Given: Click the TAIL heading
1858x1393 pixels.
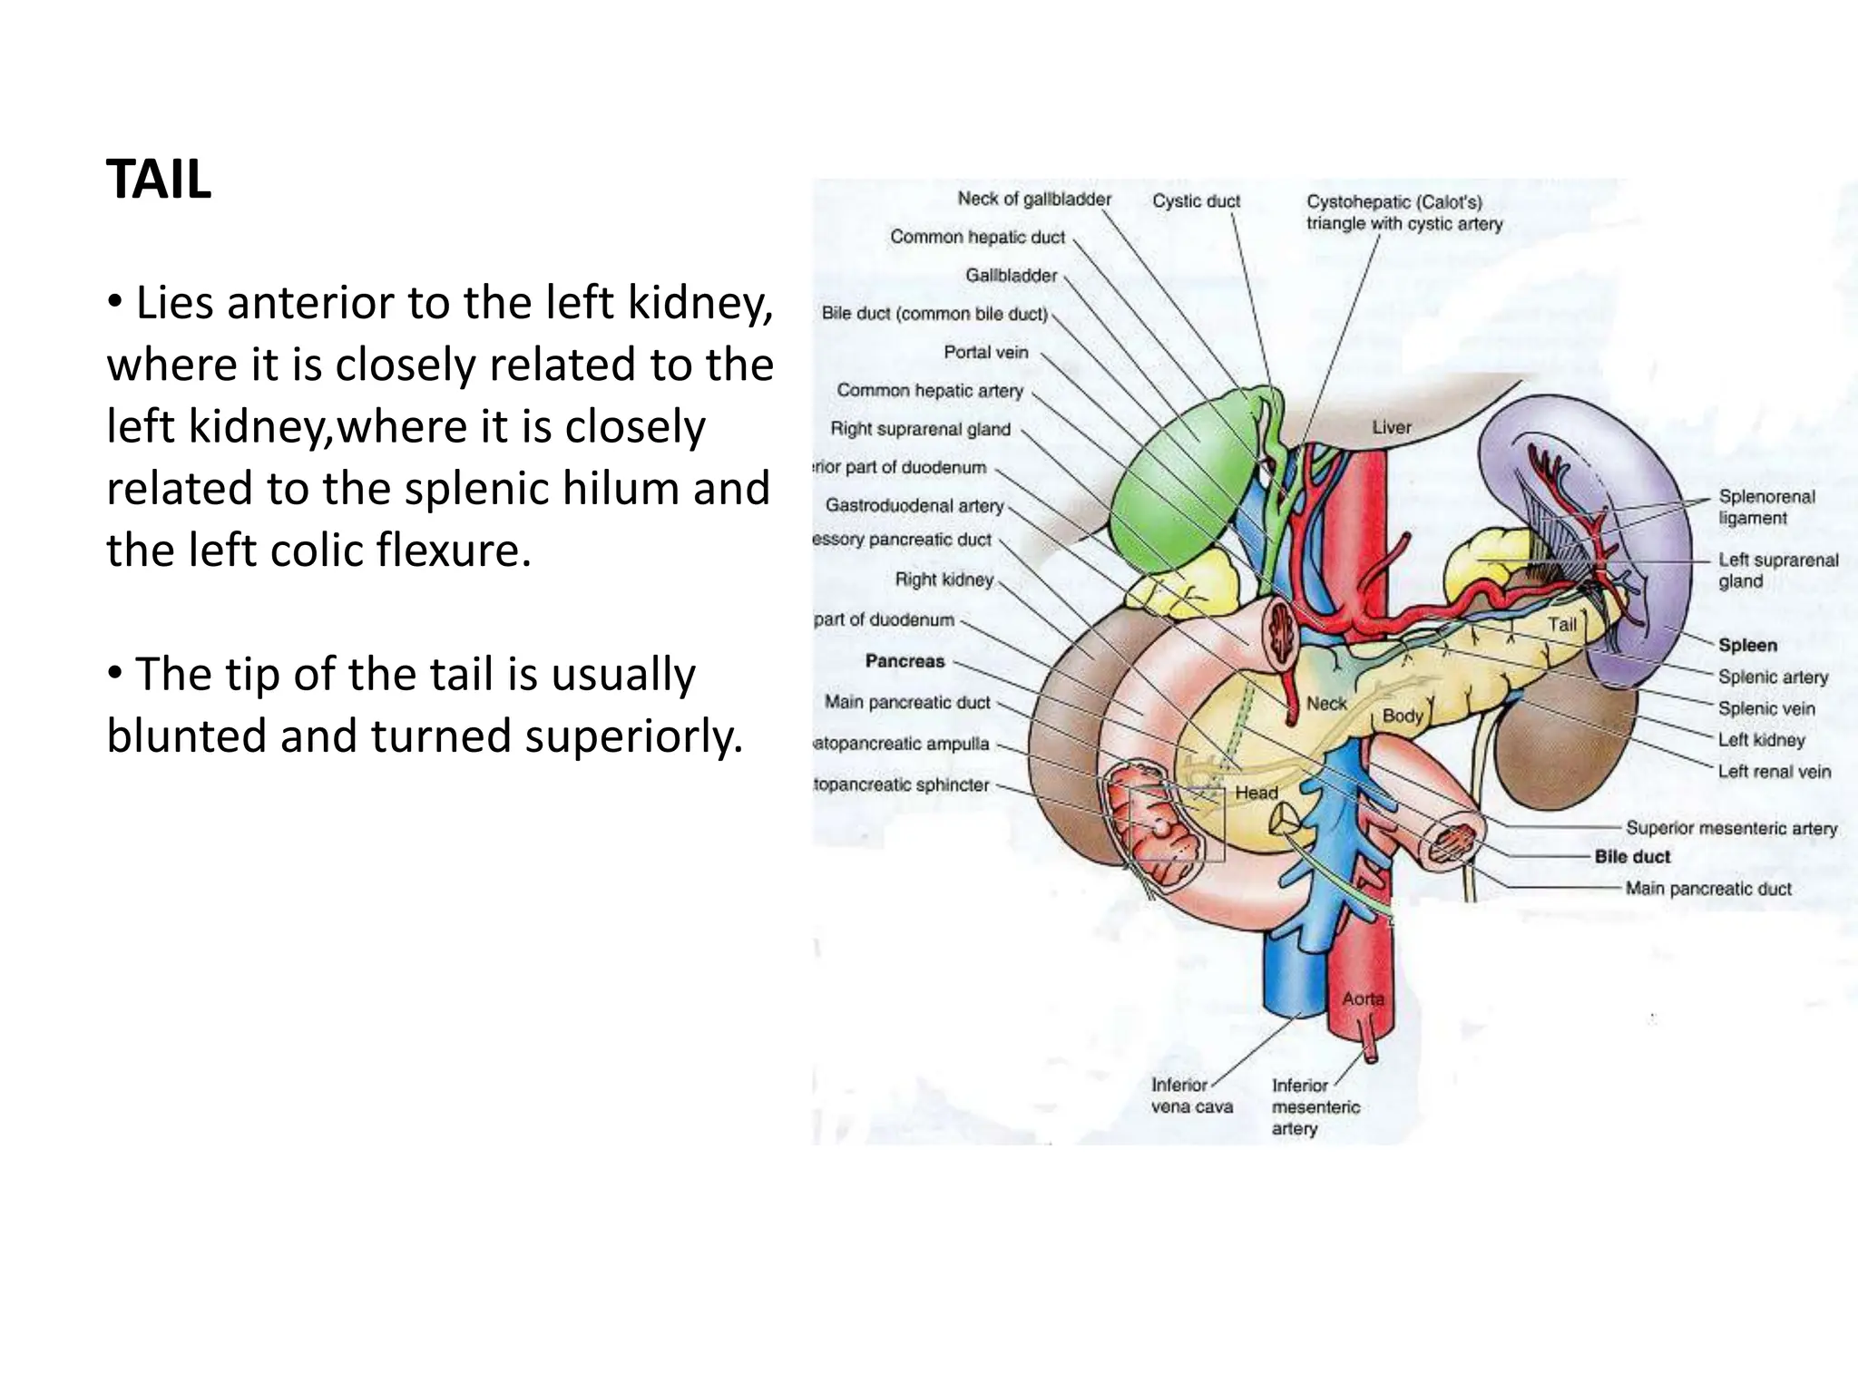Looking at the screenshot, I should point(159,180).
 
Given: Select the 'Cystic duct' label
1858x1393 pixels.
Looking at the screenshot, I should point(1196,201).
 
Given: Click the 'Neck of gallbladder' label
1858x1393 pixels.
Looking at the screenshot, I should point(1034,199).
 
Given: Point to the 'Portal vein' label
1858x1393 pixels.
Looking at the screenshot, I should point(986,352).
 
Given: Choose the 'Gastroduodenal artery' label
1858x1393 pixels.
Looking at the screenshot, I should point(914,505).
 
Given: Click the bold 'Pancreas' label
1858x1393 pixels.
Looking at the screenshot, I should point(905,661).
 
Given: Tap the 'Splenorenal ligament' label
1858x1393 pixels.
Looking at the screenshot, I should point(1766,507).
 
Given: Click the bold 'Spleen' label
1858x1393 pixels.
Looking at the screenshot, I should point(1747,646).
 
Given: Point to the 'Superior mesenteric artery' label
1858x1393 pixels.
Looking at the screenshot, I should point(1731,828).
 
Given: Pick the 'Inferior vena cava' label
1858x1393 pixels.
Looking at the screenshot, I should point(1191,1096).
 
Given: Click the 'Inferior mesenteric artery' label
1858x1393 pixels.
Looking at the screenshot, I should point(1315,1106).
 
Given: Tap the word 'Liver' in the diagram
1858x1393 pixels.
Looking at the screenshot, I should point(1392,427).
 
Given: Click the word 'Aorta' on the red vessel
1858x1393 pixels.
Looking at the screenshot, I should point(1363,998).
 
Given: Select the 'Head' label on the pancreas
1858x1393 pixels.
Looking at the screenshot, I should point(1257,793).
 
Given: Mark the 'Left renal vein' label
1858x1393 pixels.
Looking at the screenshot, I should point(1774,772).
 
